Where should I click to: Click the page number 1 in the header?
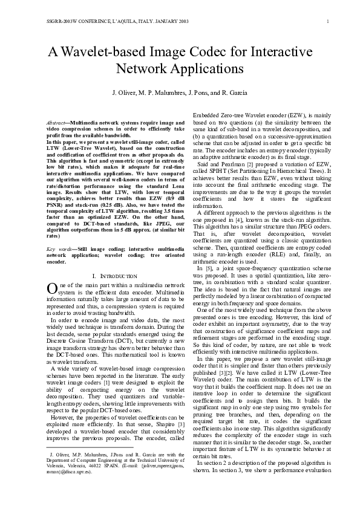pyautogui.click(x=327, y=22)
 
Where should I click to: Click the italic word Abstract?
pyautogui.click(x=56, y=123)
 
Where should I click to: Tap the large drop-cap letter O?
pyautogui.click(x=51, y=288)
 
